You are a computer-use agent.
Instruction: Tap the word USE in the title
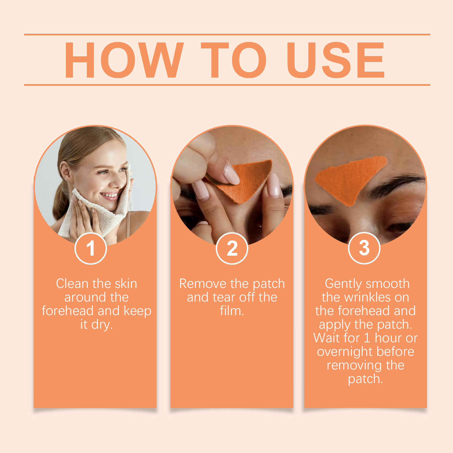click(x=336, y=60)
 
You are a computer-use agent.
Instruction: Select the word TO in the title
click(x=234, y=60)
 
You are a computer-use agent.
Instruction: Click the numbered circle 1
click(x=91, y=248)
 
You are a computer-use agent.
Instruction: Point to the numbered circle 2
click(x=232, y=248)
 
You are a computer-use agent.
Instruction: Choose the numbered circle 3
click(x=364, y=248)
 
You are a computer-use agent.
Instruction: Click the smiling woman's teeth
click(x=109, y=195)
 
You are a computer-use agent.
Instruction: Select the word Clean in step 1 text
click(x=72, y=283)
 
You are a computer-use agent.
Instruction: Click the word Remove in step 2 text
click(x=203, y=283)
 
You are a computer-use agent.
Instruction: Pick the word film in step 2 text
click(x=232, y=311)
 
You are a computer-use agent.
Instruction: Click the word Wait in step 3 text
click(x=327, y=338)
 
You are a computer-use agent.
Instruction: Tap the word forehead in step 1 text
click(x=68, y=311)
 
